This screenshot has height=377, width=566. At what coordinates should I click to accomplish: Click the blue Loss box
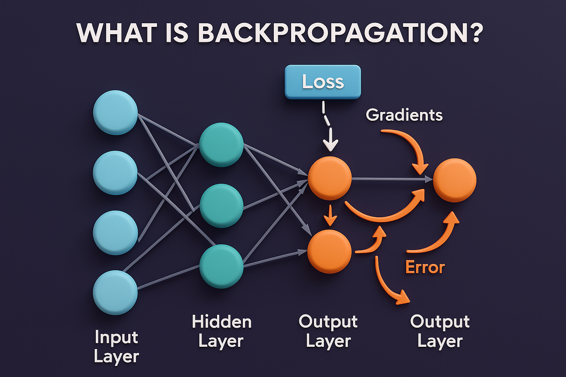[322, 82]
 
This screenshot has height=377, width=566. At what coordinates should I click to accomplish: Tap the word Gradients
[404, 115]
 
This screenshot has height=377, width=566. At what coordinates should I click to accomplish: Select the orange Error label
[425, 267]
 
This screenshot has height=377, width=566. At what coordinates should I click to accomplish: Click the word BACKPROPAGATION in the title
[340, 33]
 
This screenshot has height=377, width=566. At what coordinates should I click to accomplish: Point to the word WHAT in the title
[117, 33]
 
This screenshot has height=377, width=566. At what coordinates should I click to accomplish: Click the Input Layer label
[116, 347]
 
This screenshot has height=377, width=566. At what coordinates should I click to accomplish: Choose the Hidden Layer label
[221, 331]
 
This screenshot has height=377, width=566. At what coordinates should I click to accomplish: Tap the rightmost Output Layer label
[440, 331]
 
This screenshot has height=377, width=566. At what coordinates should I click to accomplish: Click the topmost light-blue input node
[115, 112]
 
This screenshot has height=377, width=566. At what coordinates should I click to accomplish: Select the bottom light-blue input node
[115, 292]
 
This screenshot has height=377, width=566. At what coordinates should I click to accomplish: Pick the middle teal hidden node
[221, 205]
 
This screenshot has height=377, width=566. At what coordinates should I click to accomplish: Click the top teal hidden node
[221, 145]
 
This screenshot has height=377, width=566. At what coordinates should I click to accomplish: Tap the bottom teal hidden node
[221, 266]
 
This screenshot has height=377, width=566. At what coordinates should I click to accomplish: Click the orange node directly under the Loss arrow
[329, 178]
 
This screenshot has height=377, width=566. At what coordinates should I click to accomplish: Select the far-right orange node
[454, 180]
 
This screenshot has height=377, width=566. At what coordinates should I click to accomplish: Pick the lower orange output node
[329, 251]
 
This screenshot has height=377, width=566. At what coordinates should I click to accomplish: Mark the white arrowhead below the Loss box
[331, 145]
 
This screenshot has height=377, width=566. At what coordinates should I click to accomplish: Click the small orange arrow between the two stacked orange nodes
[330, 216]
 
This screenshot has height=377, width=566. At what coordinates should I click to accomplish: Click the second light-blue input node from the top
[115, 173]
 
